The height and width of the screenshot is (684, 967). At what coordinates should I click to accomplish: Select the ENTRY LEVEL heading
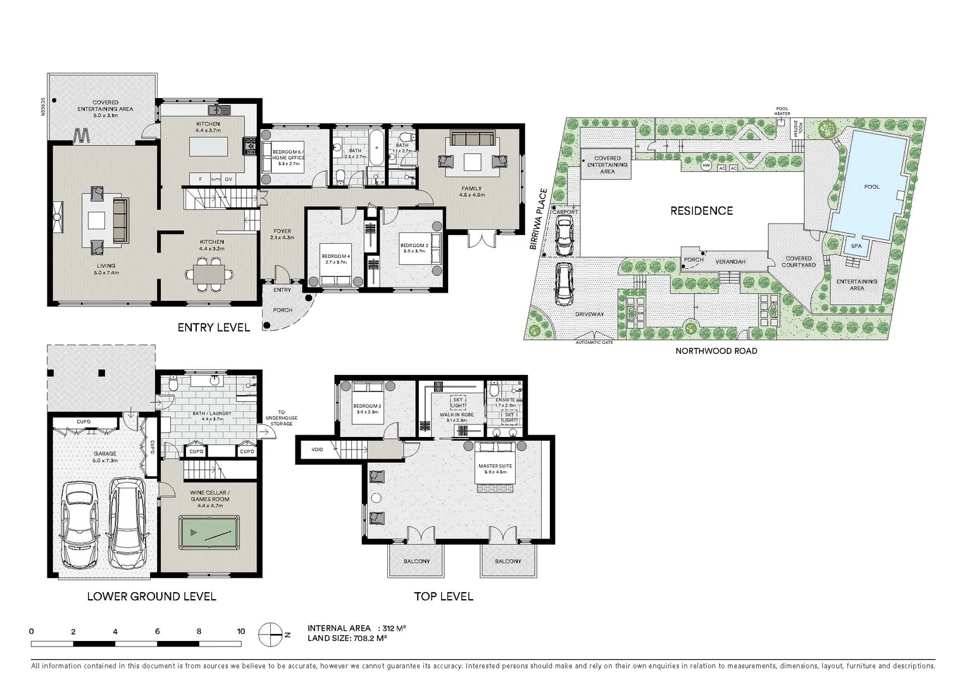click(x=213, y=327)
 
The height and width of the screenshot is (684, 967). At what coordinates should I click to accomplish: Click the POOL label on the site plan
click(x=871, y=187)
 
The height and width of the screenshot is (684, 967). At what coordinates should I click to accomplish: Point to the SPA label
click(x=856, y=246)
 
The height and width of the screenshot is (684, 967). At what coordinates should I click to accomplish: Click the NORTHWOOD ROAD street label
click(x=716, y=351)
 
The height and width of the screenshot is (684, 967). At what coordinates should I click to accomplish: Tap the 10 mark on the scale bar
click(x=240, y=631)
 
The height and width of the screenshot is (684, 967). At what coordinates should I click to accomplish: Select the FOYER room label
click(x=282, y=232)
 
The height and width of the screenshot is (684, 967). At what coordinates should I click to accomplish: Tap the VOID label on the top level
click(x=317, y=450)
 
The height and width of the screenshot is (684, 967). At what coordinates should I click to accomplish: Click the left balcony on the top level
click(x=416, y=561)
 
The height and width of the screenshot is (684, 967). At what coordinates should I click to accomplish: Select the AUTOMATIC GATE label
click(x=594, y=343)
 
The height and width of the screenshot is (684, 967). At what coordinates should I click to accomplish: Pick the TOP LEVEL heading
click(x=443, y=596)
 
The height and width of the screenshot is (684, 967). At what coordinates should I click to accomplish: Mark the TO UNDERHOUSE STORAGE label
click(x=281, y=418)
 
